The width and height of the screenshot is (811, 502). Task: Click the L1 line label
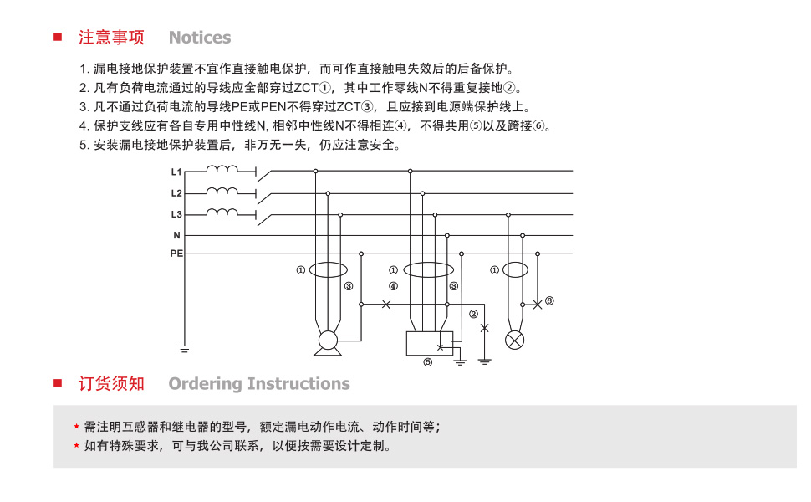click(176, 172)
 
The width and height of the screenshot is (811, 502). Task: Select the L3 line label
click(176, 214)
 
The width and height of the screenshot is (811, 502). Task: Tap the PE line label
click(176, 254)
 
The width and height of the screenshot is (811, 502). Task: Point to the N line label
click(177, 235)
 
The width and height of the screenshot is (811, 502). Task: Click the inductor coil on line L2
click(222, 191)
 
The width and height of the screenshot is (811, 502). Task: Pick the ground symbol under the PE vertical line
click(185, 348)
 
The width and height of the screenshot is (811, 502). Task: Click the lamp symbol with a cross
click(515, 340)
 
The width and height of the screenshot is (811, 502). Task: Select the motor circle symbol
click(328, 341)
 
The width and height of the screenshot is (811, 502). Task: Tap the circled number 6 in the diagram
click(549, 300)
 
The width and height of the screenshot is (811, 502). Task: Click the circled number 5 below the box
click(428, 362)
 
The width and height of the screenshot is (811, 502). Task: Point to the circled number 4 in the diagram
click(393, 286)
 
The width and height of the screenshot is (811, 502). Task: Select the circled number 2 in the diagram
click(473, 314)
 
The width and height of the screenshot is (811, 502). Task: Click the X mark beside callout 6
click(538, 305)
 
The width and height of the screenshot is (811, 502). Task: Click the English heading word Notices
click(200, 38)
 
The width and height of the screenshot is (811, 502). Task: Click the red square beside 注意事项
click(58, 37)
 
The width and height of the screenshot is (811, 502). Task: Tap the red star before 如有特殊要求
click(76, 446)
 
